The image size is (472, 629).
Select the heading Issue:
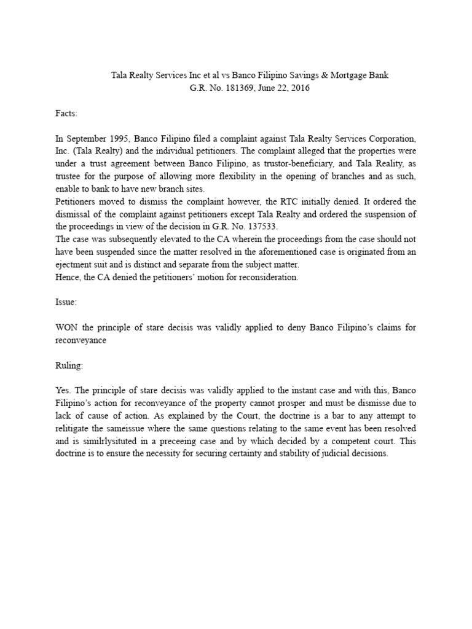click(x=66, y=303)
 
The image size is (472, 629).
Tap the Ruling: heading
click(x=69, y=365)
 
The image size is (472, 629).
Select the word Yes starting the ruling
click(x=63, y=390)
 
